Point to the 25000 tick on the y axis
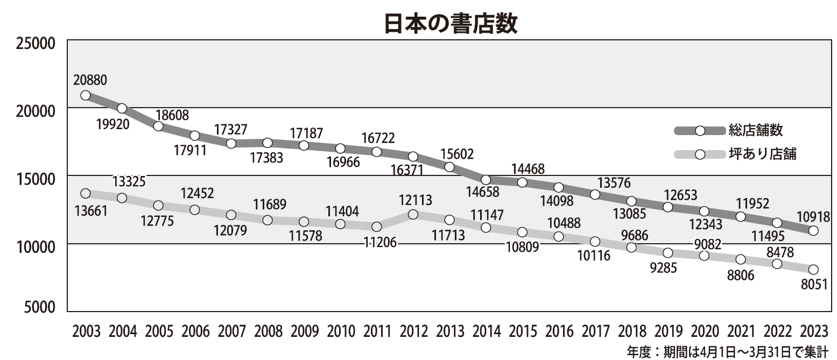coord(33,43)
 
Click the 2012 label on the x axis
coord(413,332)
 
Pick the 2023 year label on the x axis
coord(813,332)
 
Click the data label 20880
coord(90,80)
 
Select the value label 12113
coord(416,201)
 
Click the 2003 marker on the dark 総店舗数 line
coord(85,95)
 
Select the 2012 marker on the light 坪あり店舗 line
coord(413,214)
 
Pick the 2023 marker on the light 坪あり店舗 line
coord(813,270)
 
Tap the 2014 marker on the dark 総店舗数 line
coord(486,180)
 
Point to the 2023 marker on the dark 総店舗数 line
coord(813,230)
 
